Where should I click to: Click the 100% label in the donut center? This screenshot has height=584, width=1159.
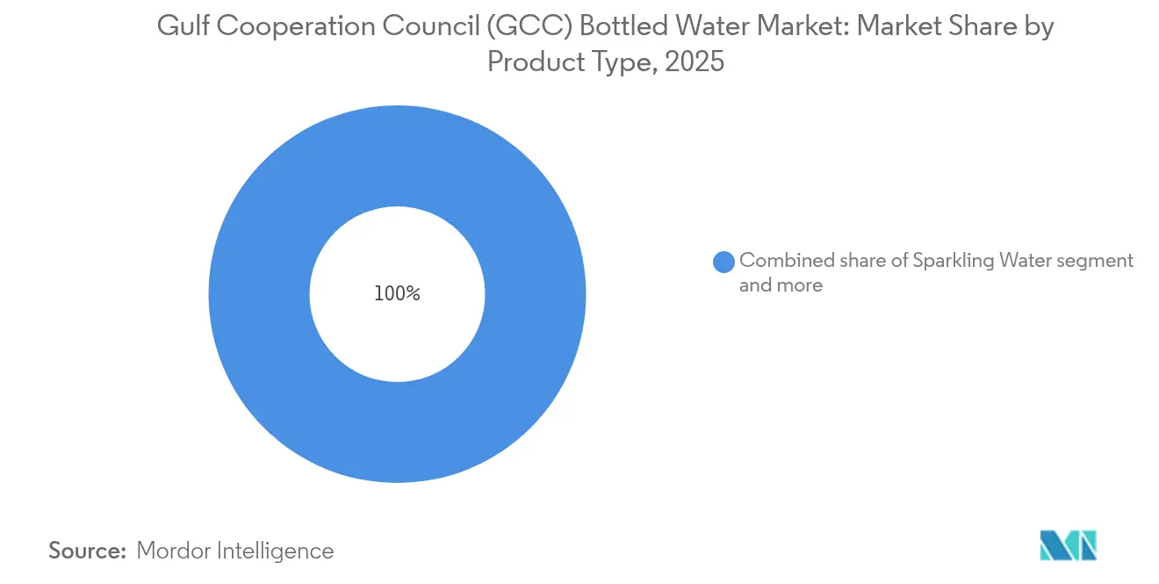397,294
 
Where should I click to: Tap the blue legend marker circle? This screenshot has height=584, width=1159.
723,262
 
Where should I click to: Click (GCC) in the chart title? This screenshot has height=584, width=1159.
489,27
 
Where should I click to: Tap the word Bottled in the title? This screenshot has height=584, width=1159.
578,27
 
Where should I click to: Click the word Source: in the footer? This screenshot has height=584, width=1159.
88,551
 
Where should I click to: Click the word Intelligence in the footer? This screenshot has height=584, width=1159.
277,551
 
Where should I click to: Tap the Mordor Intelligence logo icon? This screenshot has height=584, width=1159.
1068,545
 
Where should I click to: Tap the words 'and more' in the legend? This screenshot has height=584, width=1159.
781,285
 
